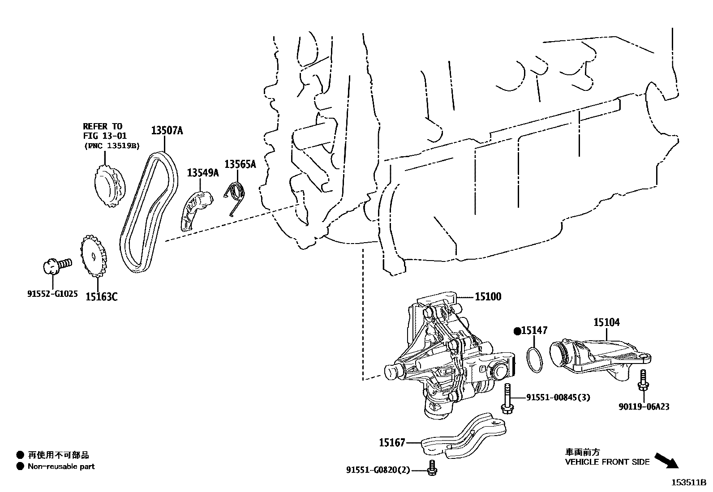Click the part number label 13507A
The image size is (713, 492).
[167, 131]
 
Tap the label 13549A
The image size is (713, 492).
[202, 172]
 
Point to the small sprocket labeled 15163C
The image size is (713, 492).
[94, 257]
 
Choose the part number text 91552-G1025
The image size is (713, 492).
[52, 294]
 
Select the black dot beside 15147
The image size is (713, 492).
[517, 331]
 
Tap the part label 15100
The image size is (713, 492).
[488, 296]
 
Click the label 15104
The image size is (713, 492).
[607, 322]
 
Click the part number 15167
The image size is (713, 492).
[392, 443]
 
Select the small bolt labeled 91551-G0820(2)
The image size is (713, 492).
[433, 467]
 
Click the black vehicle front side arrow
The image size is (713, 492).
[666, 461]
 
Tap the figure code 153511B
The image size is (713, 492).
[688, 483]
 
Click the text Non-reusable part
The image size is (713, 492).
[61, 466]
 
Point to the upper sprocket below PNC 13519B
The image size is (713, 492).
[109, 188]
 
